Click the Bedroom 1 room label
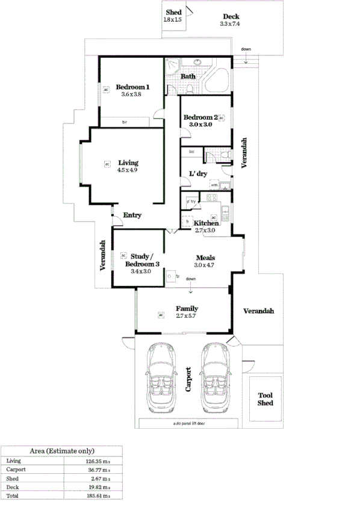pos(132,87)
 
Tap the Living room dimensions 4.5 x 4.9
pos(128,170)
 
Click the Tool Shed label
pos(265,399)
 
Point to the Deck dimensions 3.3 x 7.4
pos(231,24)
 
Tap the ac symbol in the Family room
pos(161,314)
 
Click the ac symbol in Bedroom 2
pos(221,117)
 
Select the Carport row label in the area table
pos(16,468)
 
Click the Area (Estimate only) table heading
pos(62,450)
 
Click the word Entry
pos(132,215)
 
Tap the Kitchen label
pos(206,223)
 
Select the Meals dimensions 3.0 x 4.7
pos(204,265)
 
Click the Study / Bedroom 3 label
pos(143,260)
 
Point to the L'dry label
pos(198,174)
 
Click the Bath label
pos(188,76)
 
